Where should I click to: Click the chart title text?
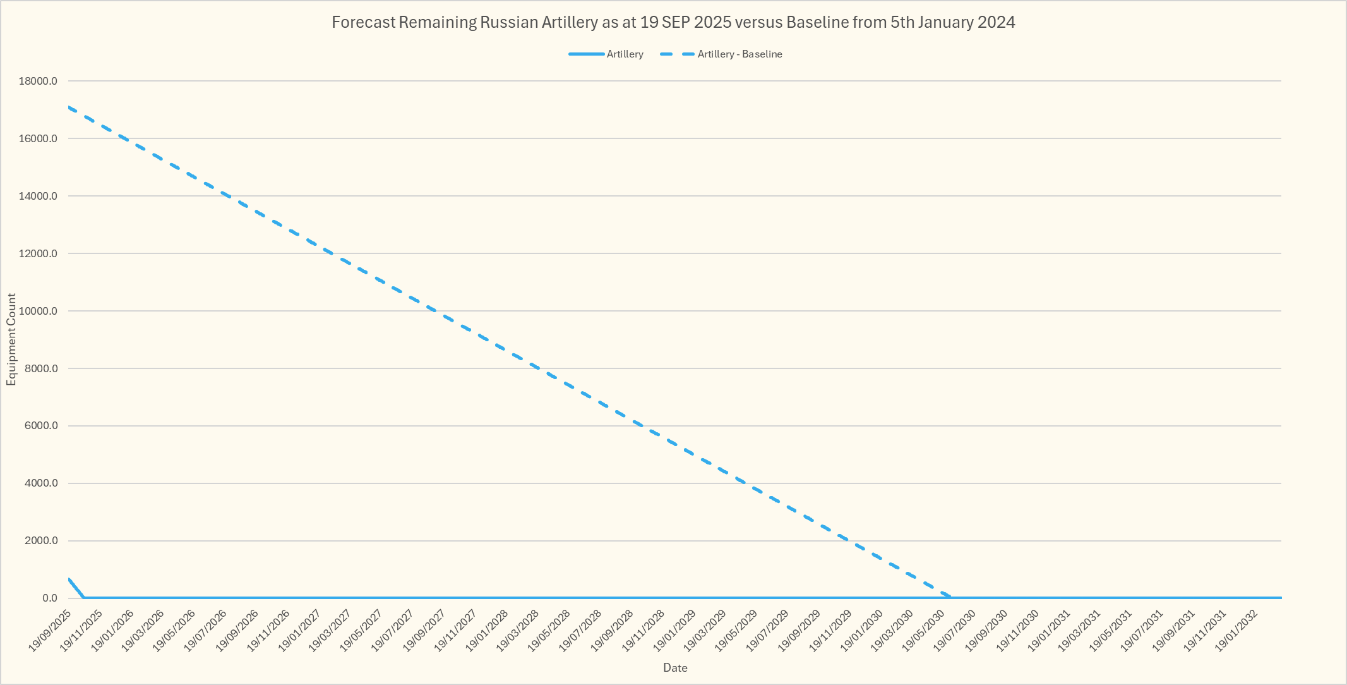[x=673, y=23]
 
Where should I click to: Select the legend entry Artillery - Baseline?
[x=739, y=54]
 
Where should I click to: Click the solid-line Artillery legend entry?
[x=625, y=54]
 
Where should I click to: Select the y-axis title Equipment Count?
[x=11, y=339]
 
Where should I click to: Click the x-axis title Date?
[x=675, y=668]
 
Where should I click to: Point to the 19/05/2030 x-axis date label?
[x=923, y=629]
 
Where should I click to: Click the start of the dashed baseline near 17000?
[x=69, y=107]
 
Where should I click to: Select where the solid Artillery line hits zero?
[x=83, y=598]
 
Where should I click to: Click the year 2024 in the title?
[x=997, y=23]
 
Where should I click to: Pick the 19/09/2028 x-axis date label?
[x=611, y=629]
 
